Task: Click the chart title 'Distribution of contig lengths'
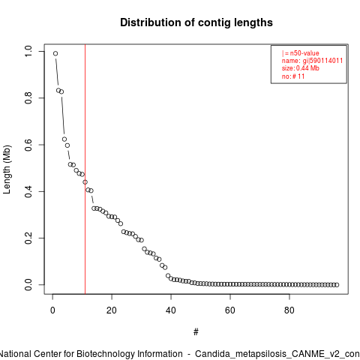click(x=196, y=22)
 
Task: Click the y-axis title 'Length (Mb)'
click(x=7, y=169)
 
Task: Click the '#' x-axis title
click(x=196, y=332)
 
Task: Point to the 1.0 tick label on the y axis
click(x=28, y=51)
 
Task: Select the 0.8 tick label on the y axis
click(x=28, y=98)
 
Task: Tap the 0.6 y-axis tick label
click(x=28, y=145)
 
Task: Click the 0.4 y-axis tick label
click(x=28, y=191)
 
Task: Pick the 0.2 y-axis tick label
click(x=28, y=238)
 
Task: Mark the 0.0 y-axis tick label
click(x=28, y=285)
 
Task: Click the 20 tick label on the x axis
click(x=112, y=310)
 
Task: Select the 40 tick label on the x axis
click(x=171, y=310)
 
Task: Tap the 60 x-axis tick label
click(x=230, y=310)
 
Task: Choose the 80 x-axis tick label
click(x=289, y=310)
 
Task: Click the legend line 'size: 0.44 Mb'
click(x=301, y=68)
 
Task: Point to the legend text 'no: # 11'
click(x=293, y=76)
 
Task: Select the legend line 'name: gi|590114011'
click(x=312, y=61)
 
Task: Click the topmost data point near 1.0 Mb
click(x=55, y=53)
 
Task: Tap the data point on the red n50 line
click(x=85, y=182)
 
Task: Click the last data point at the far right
click(x=337, y=285)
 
